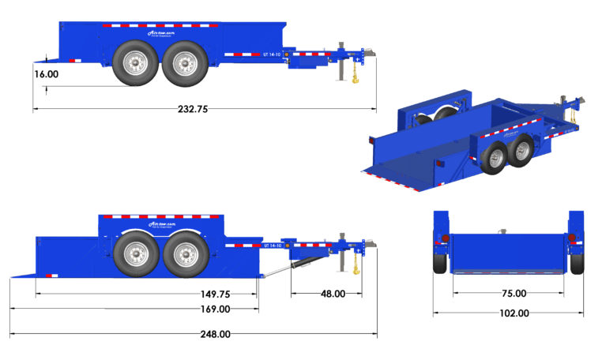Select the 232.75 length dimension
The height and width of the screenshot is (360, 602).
(192, 110)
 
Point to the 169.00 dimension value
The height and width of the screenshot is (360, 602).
(215, 309)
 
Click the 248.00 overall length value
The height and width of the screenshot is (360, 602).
(215, 334)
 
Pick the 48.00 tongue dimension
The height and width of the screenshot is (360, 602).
(332, 294)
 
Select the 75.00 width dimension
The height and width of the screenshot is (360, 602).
(514, 293)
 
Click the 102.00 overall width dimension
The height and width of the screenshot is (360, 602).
(514, 313)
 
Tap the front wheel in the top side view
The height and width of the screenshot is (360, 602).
(185, 64)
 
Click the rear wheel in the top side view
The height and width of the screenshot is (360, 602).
(131, 64)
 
